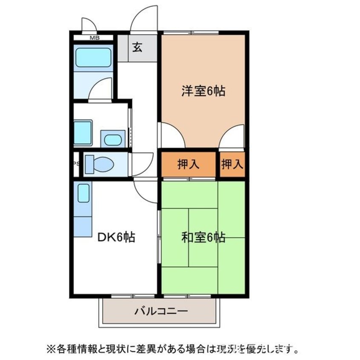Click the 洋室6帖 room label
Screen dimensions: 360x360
[x=203, y=91]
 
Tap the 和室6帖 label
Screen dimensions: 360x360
[x=203, y=237]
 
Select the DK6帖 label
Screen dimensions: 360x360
[x=116, y=237]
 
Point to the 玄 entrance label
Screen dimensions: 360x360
[x=137, y=47]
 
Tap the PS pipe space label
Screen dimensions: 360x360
[x=76, y=164]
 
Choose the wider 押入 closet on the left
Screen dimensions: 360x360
[x=189, y=164]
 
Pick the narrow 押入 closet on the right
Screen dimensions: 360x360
[x=232, y=164]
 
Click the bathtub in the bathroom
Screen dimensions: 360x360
[x=94, y=57]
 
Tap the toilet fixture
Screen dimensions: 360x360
[x=99, y=164]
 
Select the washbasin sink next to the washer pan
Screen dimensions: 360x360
[x=112, y=139]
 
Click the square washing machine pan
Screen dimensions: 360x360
[x=83, y=133]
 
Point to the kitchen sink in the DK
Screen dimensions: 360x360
[x=83, y=194]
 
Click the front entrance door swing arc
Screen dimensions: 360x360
[x=143, y=19]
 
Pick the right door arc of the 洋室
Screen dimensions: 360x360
[x=233, y=136]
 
